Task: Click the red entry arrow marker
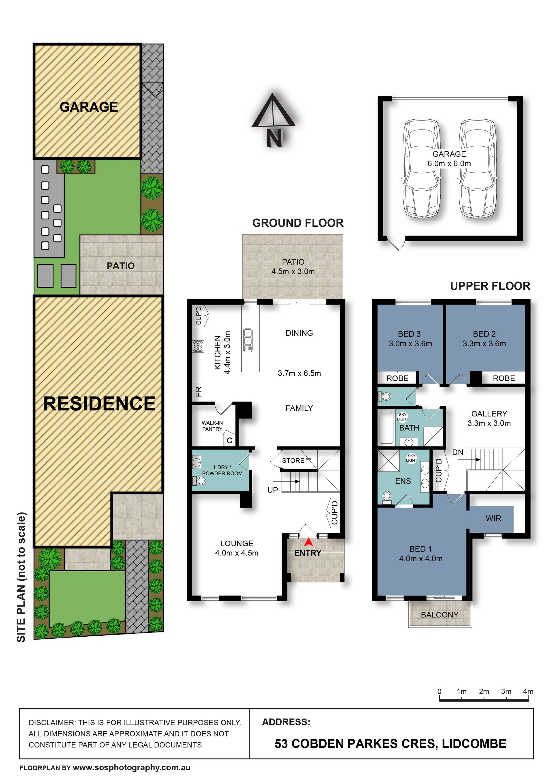pyautogui.click(x=308, y=542)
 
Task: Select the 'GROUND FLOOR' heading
pyautogui.click(x=298, y=223)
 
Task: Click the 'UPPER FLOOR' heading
pyautogui.click(x=490, y=286)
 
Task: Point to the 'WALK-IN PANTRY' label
pyautogui.click(x=212, y=426)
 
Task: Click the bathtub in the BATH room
pyautogui.click(x=387, y=428)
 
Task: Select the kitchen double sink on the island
pyautogui.click(x=248, y=340)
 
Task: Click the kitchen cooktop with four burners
pyautogui.click(x=198, y=346)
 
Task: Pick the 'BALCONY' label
pyautogui.click(x=440, y=615)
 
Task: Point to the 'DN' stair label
pyautogui.click(x=458, y=452)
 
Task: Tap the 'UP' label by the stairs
pyautogui.click(x=273, y=490)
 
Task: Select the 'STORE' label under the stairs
pyautogui.click(x=293, y=460)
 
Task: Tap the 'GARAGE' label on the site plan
pyautogui.click(x=89, y=107)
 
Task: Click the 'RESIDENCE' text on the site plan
pyautogui.click(x=99, y=403)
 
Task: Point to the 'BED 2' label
pyautogui.click(x=484, y=334)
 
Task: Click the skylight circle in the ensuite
pyautogui.click(x=411, y=458)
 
